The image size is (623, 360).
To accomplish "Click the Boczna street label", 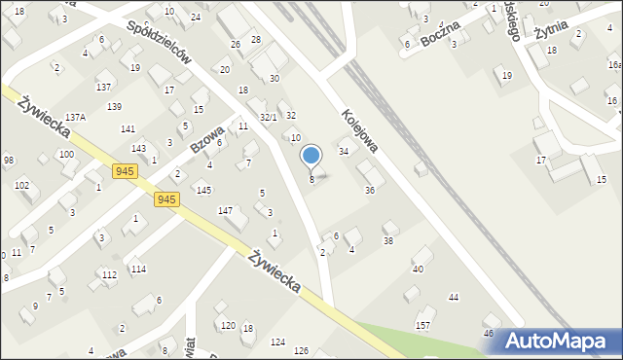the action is click(441, 35).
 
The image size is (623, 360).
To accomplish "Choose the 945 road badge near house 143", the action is click(124, 171).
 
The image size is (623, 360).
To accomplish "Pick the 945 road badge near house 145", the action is click(166, 198).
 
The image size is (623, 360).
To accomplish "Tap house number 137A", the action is click(76, 117).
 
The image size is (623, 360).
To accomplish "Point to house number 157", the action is click(423, 324).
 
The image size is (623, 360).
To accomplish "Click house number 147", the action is click(225, 210).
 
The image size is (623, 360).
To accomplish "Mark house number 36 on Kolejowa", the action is click(370, 191).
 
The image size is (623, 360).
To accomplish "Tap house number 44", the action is click(453, 297).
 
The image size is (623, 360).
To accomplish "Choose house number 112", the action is click(109, 274).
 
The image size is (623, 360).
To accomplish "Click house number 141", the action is click(128, 129).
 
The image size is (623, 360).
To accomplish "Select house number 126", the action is click(302, 350).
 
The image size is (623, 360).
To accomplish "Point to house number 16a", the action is click(614, 64).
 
